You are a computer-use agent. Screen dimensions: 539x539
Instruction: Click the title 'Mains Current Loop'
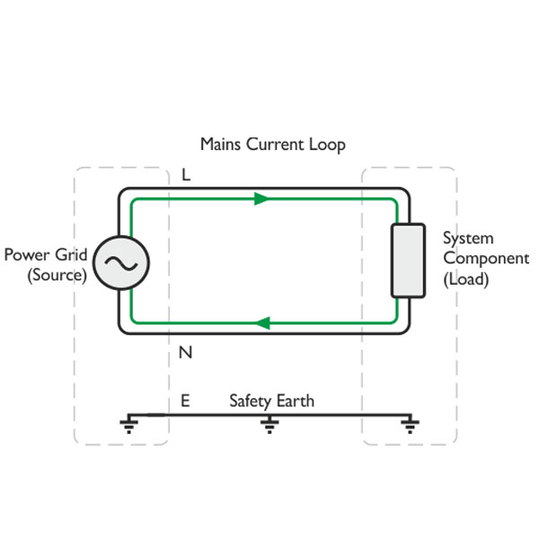click(272, 144)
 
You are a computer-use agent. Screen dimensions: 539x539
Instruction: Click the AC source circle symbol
click(119, 261)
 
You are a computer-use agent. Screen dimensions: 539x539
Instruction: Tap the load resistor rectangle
click(407, 261)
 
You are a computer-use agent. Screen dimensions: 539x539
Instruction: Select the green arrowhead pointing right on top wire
click(261, 199)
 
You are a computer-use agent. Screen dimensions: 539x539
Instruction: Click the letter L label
click(186, 175)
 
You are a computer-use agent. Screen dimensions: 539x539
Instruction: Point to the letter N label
click(186, 352)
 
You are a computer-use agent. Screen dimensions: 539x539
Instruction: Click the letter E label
click(185, 401)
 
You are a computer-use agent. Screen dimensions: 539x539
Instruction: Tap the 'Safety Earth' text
click(271, 401)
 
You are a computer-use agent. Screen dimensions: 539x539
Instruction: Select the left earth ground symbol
click(128, 424)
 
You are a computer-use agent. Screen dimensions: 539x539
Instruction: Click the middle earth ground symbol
click(268, 424)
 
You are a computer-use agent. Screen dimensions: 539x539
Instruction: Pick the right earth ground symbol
click(409, 424)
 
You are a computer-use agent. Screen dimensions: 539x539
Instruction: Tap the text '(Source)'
click(57, 275)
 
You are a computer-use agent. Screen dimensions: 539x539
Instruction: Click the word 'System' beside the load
click(468, 238)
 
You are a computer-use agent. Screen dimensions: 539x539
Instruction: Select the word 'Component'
click(485, 259)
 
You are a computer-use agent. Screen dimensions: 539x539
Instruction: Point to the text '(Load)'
click(465, 279)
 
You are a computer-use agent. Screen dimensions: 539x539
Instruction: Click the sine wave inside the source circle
click(119, 261)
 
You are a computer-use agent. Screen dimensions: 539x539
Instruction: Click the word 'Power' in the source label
click(27, 254)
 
